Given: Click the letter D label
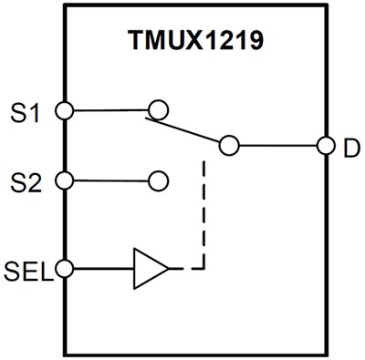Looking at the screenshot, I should [350, 146].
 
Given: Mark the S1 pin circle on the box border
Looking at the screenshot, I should [63, 110].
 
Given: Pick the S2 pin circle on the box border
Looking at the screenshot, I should [63, 180].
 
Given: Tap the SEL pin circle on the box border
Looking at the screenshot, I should [63, 269].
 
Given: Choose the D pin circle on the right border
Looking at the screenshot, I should [324, 145].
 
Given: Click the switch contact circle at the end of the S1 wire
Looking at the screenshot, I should [158, 110].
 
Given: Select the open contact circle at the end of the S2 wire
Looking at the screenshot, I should [158, 180].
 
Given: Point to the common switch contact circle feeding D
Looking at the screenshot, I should [228, 145].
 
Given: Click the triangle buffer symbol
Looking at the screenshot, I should [151, 269].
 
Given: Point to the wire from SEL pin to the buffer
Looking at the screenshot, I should [100, 269].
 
